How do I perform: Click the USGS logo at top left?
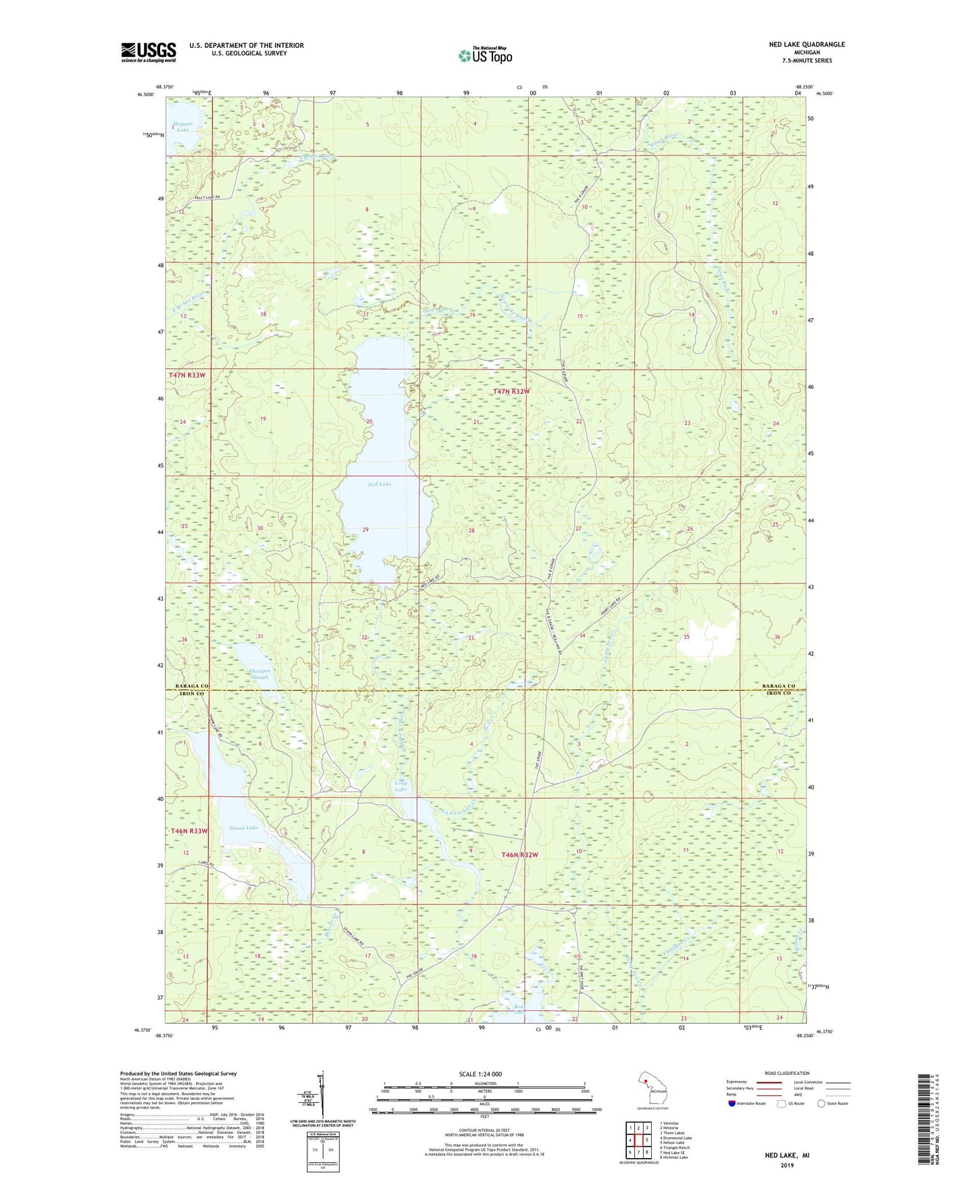click(x=149, y=52)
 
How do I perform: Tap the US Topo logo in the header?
click(x=484, y=55)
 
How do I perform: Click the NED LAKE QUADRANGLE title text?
click(x=806, y=45)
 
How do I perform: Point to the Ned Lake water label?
click(x=379, y=484)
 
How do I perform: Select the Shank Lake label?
click(x=243, y=828)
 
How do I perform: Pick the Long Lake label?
click(x=401, y=786)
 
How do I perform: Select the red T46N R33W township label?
click(x=188, y=831)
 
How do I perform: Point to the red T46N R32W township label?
click(x=519, y=855)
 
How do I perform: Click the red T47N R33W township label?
click(x=186, y=375)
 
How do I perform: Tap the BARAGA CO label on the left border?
click(x=192, y=686)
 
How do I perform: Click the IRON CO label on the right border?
click(x=778, y=693)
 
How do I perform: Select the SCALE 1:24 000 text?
click(x=480, y=1074)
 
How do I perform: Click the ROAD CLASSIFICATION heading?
click(x=787, y=1073)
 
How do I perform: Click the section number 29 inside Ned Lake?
click(x=365, y=530)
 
